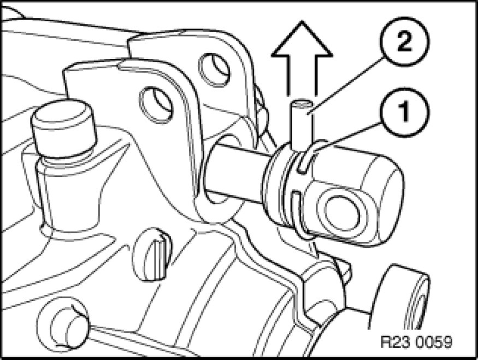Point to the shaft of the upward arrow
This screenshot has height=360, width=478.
pos(301,76)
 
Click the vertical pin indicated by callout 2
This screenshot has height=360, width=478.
pos(300,123)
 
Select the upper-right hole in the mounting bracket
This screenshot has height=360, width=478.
pos(214,69)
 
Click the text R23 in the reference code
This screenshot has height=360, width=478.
pos(392,344)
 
